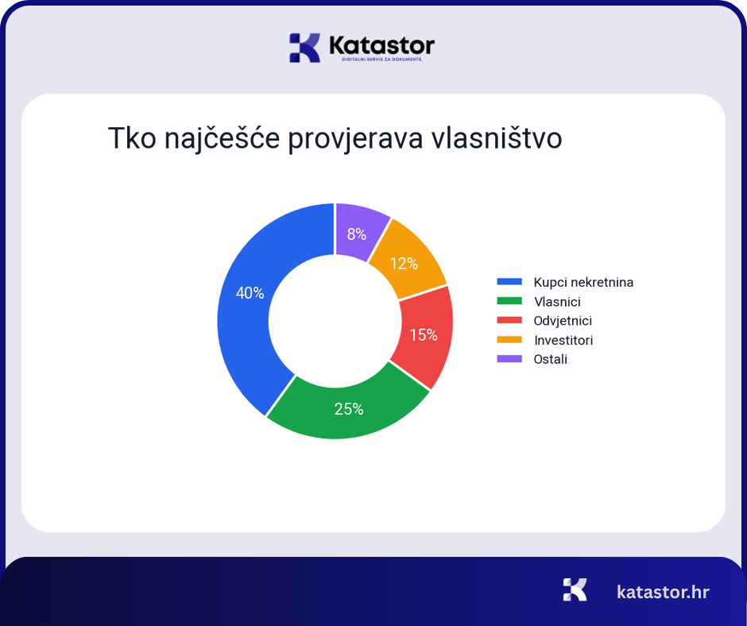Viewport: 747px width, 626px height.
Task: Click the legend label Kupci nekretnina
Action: click(x=583, y=282)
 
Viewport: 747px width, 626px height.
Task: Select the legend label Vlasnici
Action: click(x=557, y=302)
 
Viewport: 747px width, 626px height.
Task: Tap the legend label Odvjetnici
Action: click(x=563, y=321)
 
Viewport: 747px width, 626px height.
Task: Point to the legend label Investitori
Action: click(x=563, y=340)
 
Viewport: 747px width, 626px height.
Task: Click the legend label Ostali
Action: click(x=551, y=359)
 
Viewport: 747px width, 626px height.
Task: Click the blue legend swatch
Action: click(x=509, y=282)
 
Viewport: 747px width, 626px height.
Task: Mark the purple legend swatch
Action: click(x=509, y=359)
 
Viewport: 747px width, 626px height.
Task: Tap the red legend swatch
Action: click(x=509, y=321)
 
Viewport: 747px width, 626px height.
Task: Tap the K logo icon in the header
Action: click(x=304, y=48)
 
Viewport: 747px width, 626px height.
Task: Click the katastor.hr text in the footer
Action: click(x=663, y=592)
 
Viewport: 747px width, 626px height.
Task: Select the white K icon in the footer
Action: click(x=575, y=589)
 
